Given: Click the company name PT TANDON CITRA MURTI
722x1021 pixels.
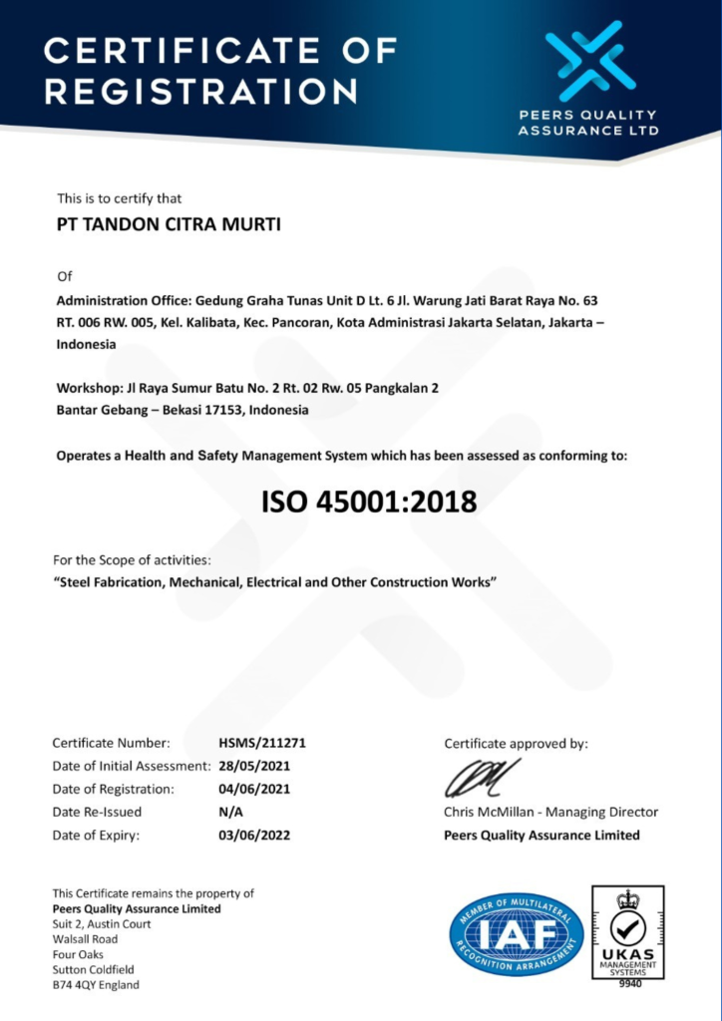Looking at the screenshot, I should pos(169,225).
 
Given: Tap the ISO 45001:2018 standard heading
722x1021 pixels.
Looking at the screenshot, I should pos(369,502).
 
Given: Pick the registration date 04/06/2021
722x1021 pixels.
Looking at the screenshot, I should pos(254,789).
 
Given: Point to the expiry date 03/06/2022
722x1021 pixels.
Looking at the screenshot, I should pos(254,836).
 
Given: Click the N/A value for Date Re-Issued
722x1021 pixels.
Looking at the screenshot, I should pos(230,812).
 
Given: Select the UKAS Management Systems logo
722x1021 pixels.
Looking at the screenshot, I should pos(627,930).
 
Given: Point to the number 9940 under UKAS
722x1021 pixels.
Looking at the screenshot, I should pos(627,983).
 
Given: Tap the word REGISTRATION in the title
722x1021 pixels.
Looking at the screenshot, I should pos(200,91).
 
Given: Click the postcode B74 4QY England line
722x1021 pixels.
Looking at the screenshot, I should pos(96,985).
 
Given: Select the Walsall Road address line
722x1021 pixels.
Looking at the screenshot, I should pos(85,939).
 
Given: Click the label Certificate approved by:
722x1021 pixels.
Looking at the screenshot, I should pos(516,743).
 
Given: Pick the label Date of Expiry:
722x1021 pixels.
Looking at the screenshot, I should pos(96,836).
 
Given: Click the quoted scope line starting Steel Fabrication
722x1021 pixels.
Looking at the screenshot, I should pos(274,581).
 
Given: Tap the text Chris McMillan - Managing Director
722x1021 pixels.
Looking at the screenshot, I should pos(550,812).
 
